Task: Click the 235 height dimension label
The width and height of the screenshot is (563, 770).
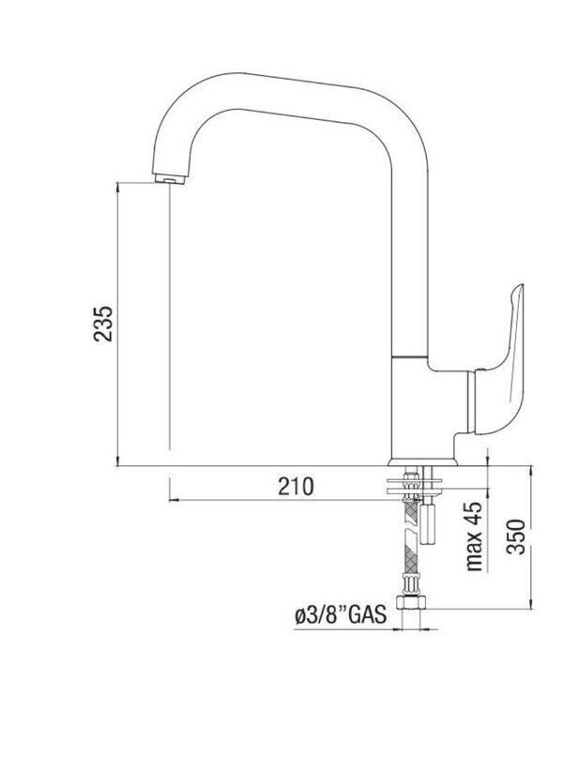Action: coord(104,324)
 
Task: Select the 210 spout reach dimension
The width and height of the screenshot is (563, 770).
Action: coord(296,487)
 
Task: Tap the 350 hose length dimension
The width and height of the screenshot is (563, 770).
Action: coord(516,536)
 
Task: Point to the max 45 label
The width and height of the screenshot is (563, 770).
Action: coord(475,536)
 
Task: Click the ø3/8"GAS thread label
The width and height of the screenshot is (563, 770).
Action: coord(341,615)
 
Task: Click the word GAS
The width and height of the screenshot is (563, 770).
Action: coord(368,615)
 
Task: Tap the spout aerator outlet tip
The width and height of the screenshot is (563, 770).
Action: coord(170,179)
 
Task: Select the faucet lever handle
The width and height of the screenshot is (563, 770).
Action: coord(500,360)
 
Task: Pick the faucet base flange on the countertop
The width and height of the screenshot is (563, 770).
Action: coord(422,462)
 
